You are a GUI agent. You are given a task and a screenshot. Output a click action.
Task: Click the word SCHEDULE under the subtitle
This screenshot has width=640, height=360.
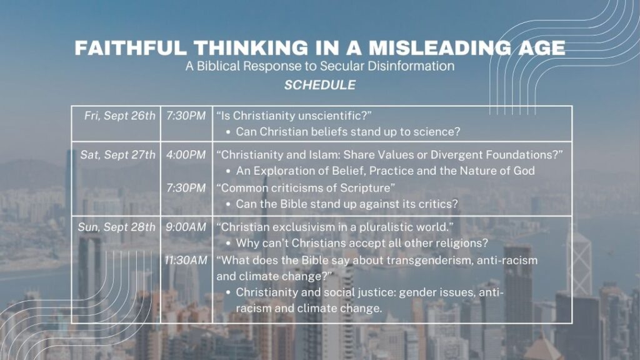320,85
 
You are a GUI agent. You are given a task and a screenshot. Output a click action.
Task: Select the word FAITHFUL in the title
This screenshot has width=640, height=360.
131,47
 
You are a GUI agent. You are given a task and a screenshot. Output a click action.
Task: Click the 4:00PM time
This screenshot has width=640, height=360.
186,155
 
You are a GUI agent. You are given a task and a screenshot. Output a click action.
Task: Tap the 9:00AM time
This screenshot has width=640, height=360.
186,227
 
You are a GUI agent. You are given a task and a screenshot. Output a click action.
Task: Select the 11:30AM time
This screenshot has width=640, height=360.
186,261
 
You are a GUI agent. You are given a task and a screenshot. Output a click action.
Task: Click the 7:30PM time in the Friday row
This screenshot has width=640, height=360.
186,116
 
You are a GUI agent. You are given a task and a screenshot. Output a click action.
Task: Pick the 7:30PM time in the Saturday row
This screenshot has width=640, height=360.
186,188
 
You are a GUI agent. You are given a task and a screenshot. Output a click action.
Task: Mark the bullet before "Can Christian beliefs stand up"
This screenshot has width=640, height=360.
228,132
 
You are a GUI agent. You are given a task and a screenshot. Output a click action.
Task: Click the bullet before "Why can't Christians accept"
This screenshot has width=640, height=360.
228,244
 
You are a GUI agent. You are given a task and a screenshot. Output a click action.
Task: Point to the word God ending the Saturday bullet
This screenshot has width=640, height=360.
524,171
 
